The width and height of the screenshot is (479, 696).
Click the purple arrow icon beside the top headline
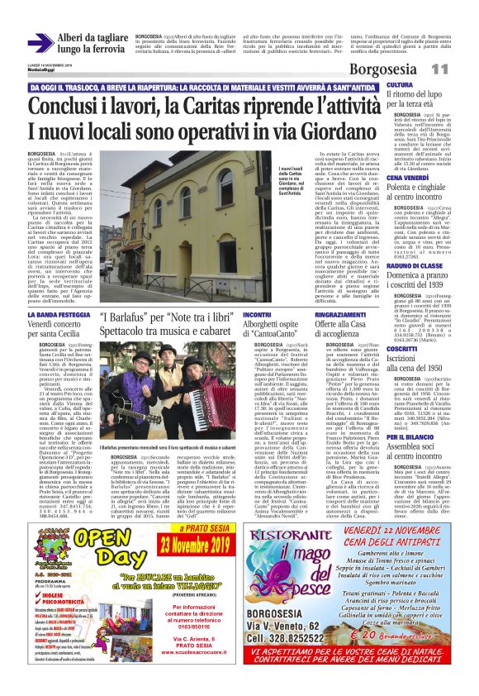coord(39,42)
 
